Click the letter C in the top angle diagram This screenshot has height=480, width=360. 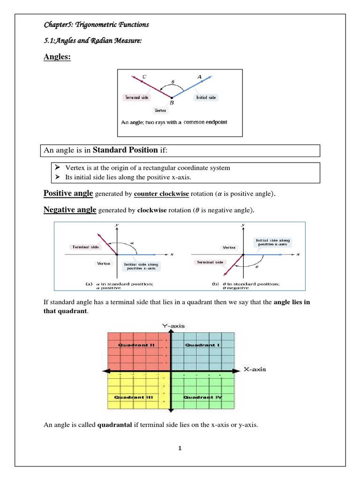pos(144,76)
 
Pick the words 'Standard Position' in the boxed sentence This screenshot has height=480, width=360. pos(125,150)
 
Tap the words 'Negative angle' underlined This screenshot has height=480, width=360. pos(70,210)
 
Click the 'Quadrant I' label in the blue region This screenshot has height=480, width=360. pos(202,345)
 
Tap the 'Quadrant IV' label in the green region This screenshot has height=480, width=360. pos(202,397)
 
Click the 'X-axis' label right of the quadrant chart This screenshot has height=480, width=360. pos(255,369)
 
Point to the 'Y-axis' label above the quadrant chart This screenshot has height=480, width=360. pos(172,325)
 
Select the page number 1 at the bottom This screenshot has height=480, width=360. pos(180,448)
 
